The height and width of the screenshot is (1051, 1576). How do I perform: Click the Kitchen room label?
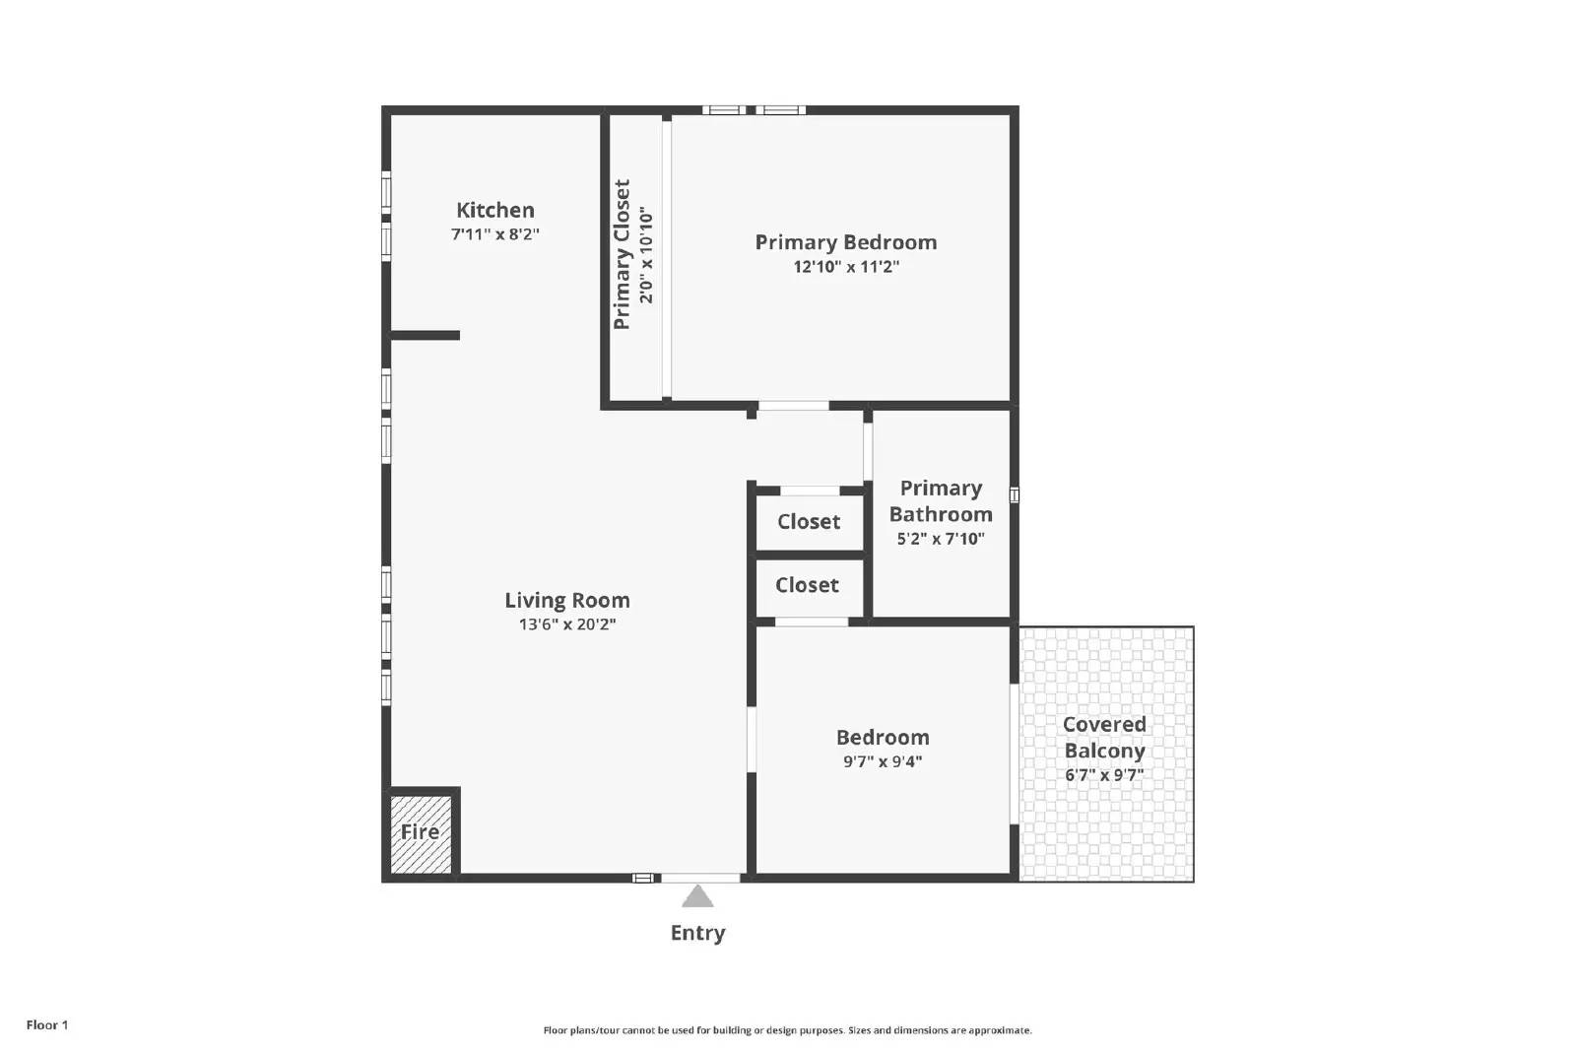(494, 210)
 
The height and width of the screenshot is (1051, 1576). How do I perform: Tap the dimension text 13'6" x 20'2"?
(566, 624)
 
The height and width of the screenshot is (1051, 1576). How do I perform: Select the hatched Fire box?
(421, 833)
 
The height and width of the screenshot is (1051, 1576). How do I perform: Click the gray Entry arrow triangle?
(697, 896)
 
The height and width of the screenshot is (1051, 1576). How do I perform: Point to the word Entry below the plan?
(697, 933)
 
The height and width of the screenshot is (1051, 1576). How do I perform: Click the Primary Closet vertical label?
(622, 254)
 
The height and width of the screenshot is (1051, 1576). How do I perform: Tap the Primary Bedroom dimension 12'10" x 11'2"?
(846, 267)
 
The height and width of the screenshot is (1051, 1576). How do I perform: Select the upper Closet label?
(809, 522)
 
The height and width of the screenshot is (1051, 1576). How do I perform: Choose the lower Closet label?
(807, 585)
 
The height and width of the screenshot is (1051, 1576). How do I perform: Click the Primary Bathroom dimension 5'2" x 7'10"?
(940, 539)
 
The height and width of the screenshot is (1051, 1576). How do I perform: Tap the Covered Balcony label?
(1104, 737)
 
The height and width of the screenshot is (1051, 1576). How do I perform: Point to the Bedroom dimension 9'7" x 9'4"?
(883, 761)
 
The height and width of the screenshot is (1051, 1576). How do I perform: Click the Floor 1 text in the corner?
(47, 1025)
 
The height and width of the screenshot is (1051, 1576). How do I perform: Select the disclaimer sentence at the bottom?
(787, 1030)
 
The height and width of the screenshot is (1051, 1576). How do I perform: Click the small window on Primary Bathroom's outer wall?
(1014, 495)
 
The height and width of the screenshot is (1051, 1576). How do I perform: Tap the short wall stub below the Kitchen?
(426, 336)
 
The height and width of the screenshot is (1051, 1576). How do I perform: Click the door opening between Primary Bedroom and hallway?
(793, 406)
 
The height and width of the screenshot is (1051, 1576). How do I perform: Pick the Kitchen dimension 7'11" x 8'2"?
(494, 234)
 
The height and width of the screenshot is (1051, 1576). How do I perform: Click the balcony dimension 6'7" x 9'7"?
(1104, 775)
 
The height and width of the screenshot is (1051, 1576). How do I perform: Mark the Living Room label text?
(566, 600)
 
